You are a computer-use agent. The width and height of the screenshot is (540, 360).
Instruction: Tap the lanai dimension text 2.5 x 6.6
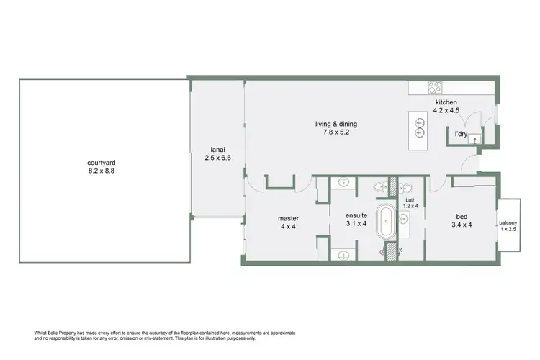[x=217, y=158]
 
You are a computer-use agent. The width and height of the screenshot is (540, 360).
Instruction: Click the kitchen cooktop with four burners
[x=436, y=88]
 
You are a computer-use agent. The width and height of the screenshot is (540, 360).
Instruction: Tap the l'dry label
[x=461, y=134]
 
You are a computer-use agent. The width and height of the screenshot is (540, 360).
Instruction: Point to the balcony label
[x=508, y=223]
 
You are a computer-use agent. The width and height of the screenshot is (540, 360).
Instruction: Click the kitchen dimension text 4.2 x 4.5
[x=446, y=111]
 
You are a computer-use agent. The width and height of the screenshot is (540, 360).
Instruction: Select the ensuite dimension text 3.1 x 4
[x=356, y=224]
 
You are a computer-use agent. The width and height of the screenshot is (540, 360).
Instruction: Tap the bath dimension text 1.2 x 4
[x=410, y=206]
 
